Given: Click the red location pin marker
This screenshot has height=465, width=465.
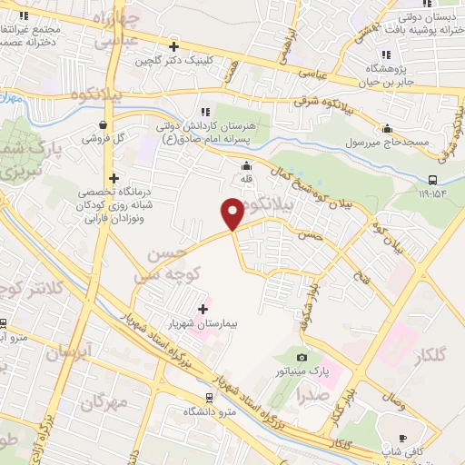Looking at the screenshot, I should pyautogui.click(x=232, y=213).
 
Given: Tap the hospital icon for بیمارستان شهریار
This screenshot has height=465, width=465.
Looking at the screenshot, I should pyautogui.click(x=203, y=310).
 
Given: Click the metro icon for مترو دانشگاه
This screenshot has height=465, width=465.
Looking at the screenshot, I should pyautogui.click(x=210, y=397).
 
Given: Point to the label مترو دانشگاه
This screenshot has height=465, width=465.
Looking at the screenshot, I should pyautogui.click(x=210, y=412).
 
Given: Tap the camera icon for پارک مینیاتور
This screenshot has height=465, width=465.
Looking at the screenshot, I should pyautogui.click(x=302, y=358).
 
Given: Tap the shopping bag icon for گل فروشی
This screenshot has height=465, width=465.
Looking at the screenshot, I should pyautogui.click(x=103, y=124).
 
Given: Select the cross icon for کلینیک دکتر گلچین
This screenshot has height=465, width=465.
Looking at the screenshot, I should pyautogui.click(x=173, y=45).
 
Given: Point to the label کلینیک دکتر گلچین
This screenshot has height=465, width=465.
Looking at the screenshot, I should pyautogui.click(x=173, y=60).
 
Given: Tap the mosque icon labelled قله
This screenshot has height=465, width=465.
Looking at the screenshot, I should pyautogui.click(x=245, y=165).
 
